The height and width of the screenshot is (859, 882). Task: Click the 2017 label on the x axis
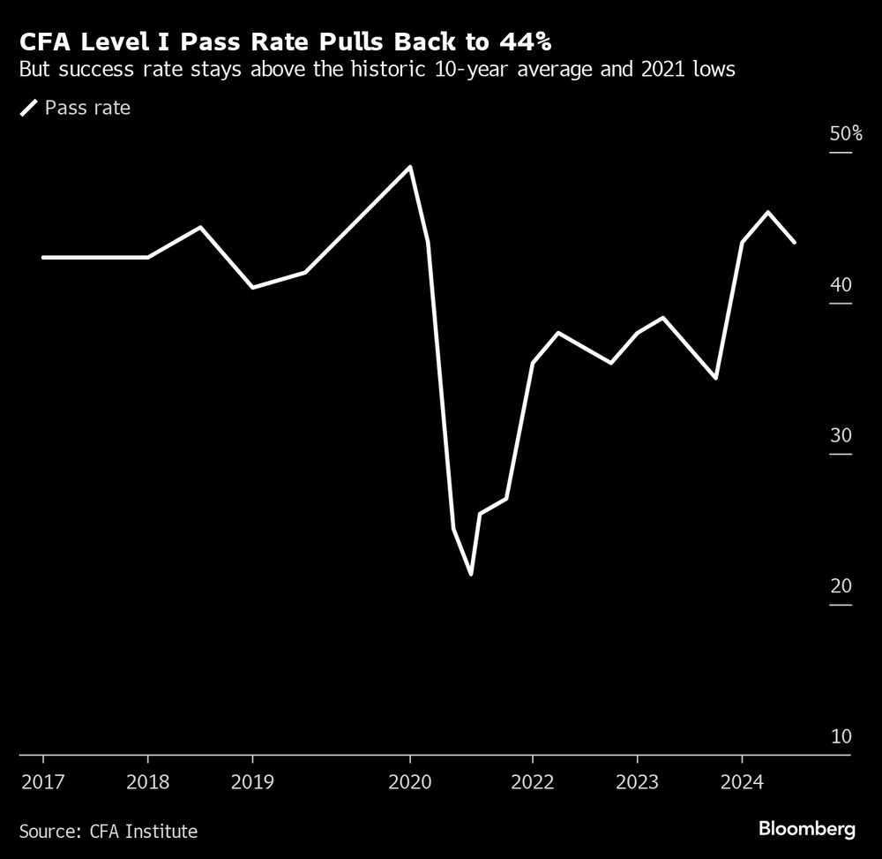pyautogui.click(x=42, y=782)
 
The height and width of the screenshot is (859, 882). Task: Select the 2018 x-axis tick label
pyautogui.click(x=147, y=782)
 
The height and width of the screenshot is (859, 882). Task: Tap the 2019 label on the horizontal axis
pyautogui.click(x=253, y=782)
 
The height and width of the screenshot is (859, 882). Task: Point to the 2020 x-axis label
pyautogui.click(x=410, y=782)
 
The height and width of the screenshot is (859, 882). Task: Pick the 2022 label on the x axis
pyautogui.click(x=533, y=782)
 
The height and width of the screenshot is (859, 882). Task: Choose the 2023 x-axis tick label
pyautogui.click(x=638, y=782)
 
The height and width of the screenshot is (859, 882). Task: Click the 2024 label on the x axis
pyautogui.click(x=743, y=782)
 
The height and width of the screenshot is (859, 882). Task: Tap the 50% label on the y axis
pyautogui.click(x=845, y=134)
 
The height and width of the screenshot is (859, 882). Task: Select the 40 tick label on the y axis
pyautogui.click(x=841, y=285)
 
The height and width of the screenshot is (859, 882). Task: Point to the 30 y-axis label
pyautogui.click(x=841, y=436)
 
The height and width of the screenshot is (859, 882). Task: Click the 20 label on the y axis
pyautogui.click(x=841, y=586)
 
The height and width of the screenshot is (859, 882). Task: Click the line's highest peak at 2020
pyautogui.click(x=410, y=167)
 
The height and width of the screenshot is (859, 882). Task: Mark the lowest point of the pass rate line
pyautogui.click(x=471, y=575)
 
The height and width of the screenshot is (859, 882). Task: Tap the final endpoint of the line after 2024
pyautogui.click(x=795, y=242)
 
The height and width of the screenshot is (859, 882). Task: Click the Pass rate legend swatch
pyautogui.click(x=29, y=109)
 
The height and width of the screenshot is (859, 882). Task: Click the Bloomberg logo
pyautogui.click(x=807, y=829)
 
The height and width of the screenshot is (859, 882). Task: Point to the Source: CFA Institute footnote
pyautogui.click(x=108, y=831)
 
